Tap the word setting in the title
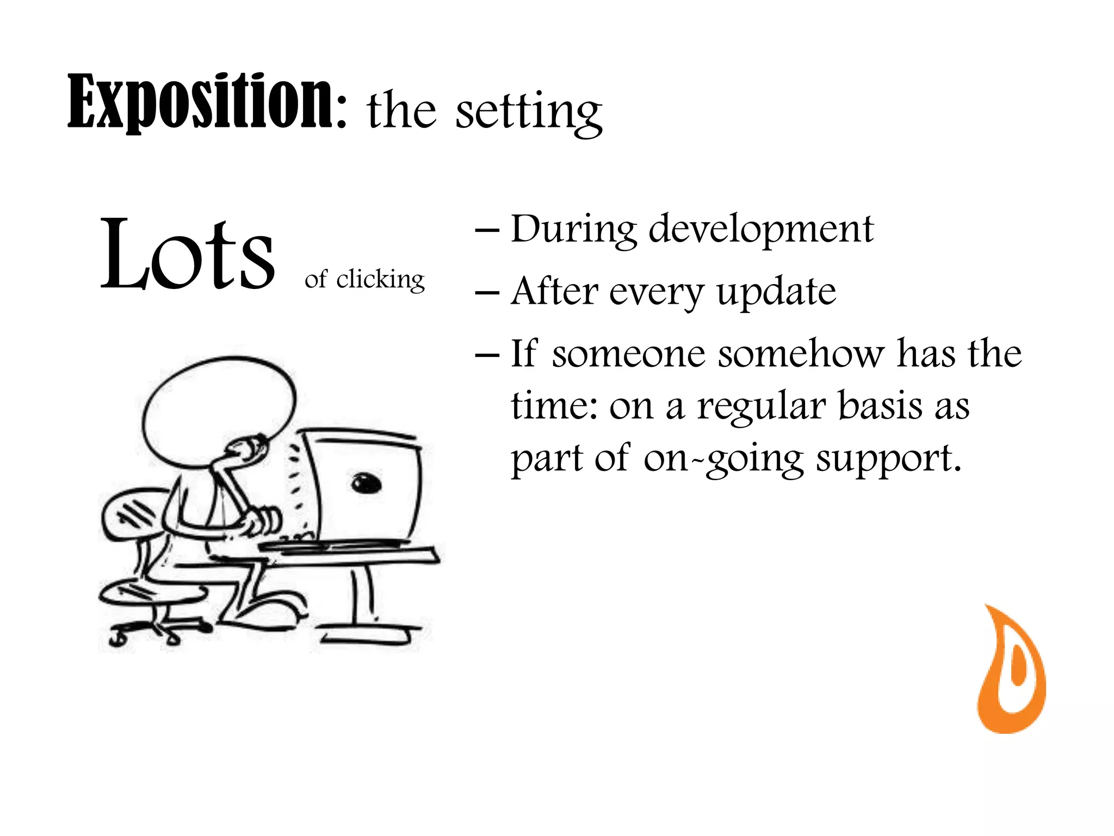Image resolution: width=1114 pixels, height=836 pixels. click(528, 112)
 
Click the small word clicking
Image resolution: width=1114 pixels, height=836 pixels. click(380, 280)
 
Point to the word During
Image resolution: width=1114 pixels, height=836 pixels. click(573, 230)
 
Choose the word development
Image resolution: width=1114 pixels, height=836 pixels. click(761, 230)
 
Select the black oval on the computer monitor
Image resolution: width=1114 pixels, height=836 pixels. click(366, 483)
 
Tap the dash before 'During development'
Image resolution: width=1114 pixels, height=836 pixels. click(487, 230)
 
